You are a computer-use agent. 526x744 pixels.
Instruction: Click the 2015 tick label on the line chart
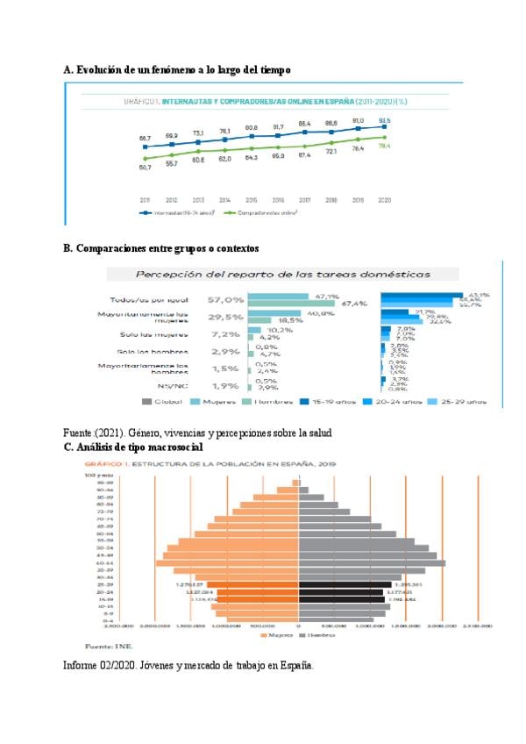(251, 200)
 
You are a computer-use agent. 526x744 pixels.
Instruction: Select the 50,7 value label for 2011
(145, 167)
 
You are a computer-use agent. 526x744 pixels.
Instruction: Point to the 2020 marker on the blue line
(384, 127)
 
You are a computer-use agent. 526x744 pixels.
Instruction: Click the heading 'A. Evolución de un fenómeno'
(177, 69)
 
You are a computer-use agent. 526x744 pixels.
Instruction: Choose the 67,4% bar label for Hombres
(353, 304)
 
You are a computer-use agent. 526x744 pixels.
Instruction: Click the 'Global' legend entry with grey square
(161, 401)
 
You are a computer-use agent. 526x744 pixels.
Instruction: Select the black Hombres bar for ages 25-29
(345, 584)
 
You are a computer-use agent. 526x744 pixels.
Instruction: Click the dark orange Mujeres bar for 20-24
(258, 593)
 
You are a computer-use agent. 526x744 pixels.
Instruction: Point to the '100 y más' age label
(96, 475)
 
